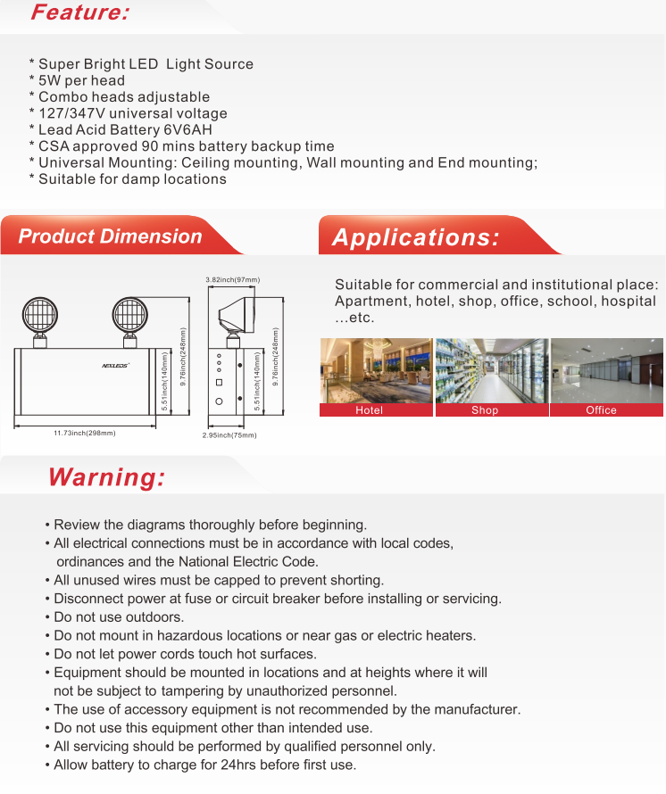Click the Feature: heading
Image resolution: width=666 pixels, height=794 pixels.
click(x=79, y=12)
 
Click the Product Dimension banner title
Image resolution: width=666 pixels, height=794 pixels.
click(x=110, y=236)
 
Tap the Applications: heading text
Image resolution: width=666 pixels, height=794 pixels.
click(x=415, y=237)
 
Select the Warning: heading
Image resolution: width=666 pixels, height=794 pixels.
click(x=106, y=477)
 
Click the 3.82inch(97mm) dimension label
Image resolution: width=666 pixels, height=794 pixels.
click(x=232, y=280)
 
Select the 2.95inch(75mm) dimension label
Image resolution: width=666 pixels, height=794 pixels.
click(x=229, y=435)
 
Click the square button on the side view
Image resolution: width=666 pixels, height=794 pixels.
click(x=219, y=383)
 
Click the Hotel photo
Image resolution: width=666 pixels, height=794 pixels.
click(x=376, y=371)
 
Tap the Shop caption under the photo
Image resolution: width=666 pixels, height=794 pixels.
click(x=485, y=410)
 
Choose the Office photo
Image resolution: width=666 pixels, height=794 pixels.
click(x=606, y=371)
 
